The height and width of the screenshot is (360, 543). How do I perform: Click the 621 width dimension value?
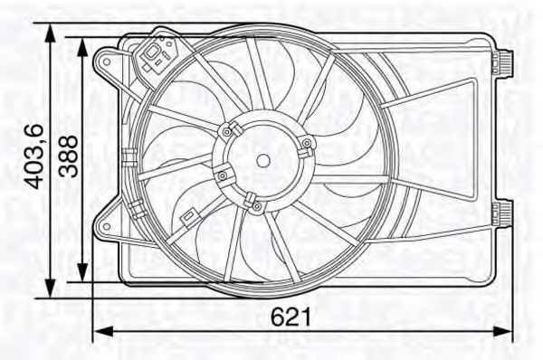pos(291,317)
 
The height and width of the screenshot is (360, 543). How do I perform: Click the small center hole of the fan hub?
pos(262,161)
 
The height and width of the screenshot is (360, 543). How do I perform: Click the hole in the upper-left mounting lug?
pos(108,62)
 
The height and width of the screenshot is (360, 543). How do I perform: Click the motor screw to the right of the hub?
pos(307,144)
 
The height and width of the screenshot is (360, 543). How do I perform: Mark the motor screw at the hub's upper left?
pos(224,130)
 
